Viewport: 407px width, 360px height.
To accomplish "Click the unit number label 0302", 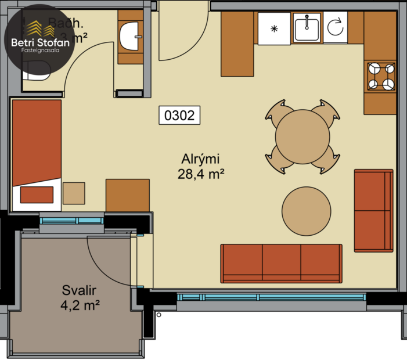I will [x=179, y=115].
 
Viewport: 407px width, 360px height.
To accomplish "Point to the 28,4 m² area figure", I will [x=201, y=173].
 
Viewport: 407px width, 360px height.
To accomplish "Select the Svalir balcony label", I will [x=79, y=290].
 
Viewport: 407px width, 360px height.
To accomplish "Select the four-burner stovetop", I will [x=380, y=76].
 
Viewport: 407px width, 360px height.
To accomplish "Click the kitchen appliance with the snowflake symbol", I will [x=274, y=28].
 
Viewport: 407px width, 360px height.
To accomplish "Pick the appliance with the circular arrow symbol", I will [x=335, y=28].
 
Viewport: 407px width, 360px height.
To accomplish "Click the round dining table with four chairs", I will [x=301, y=137].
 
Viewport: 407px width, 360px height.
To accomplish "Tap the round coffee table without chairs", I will [x=307, y=211].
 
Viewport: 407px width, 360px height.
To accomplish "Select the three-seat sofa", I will [x=281, y=264].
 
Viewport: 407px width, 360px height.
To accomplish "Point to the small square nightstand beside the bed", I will [x=74, y=193].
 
